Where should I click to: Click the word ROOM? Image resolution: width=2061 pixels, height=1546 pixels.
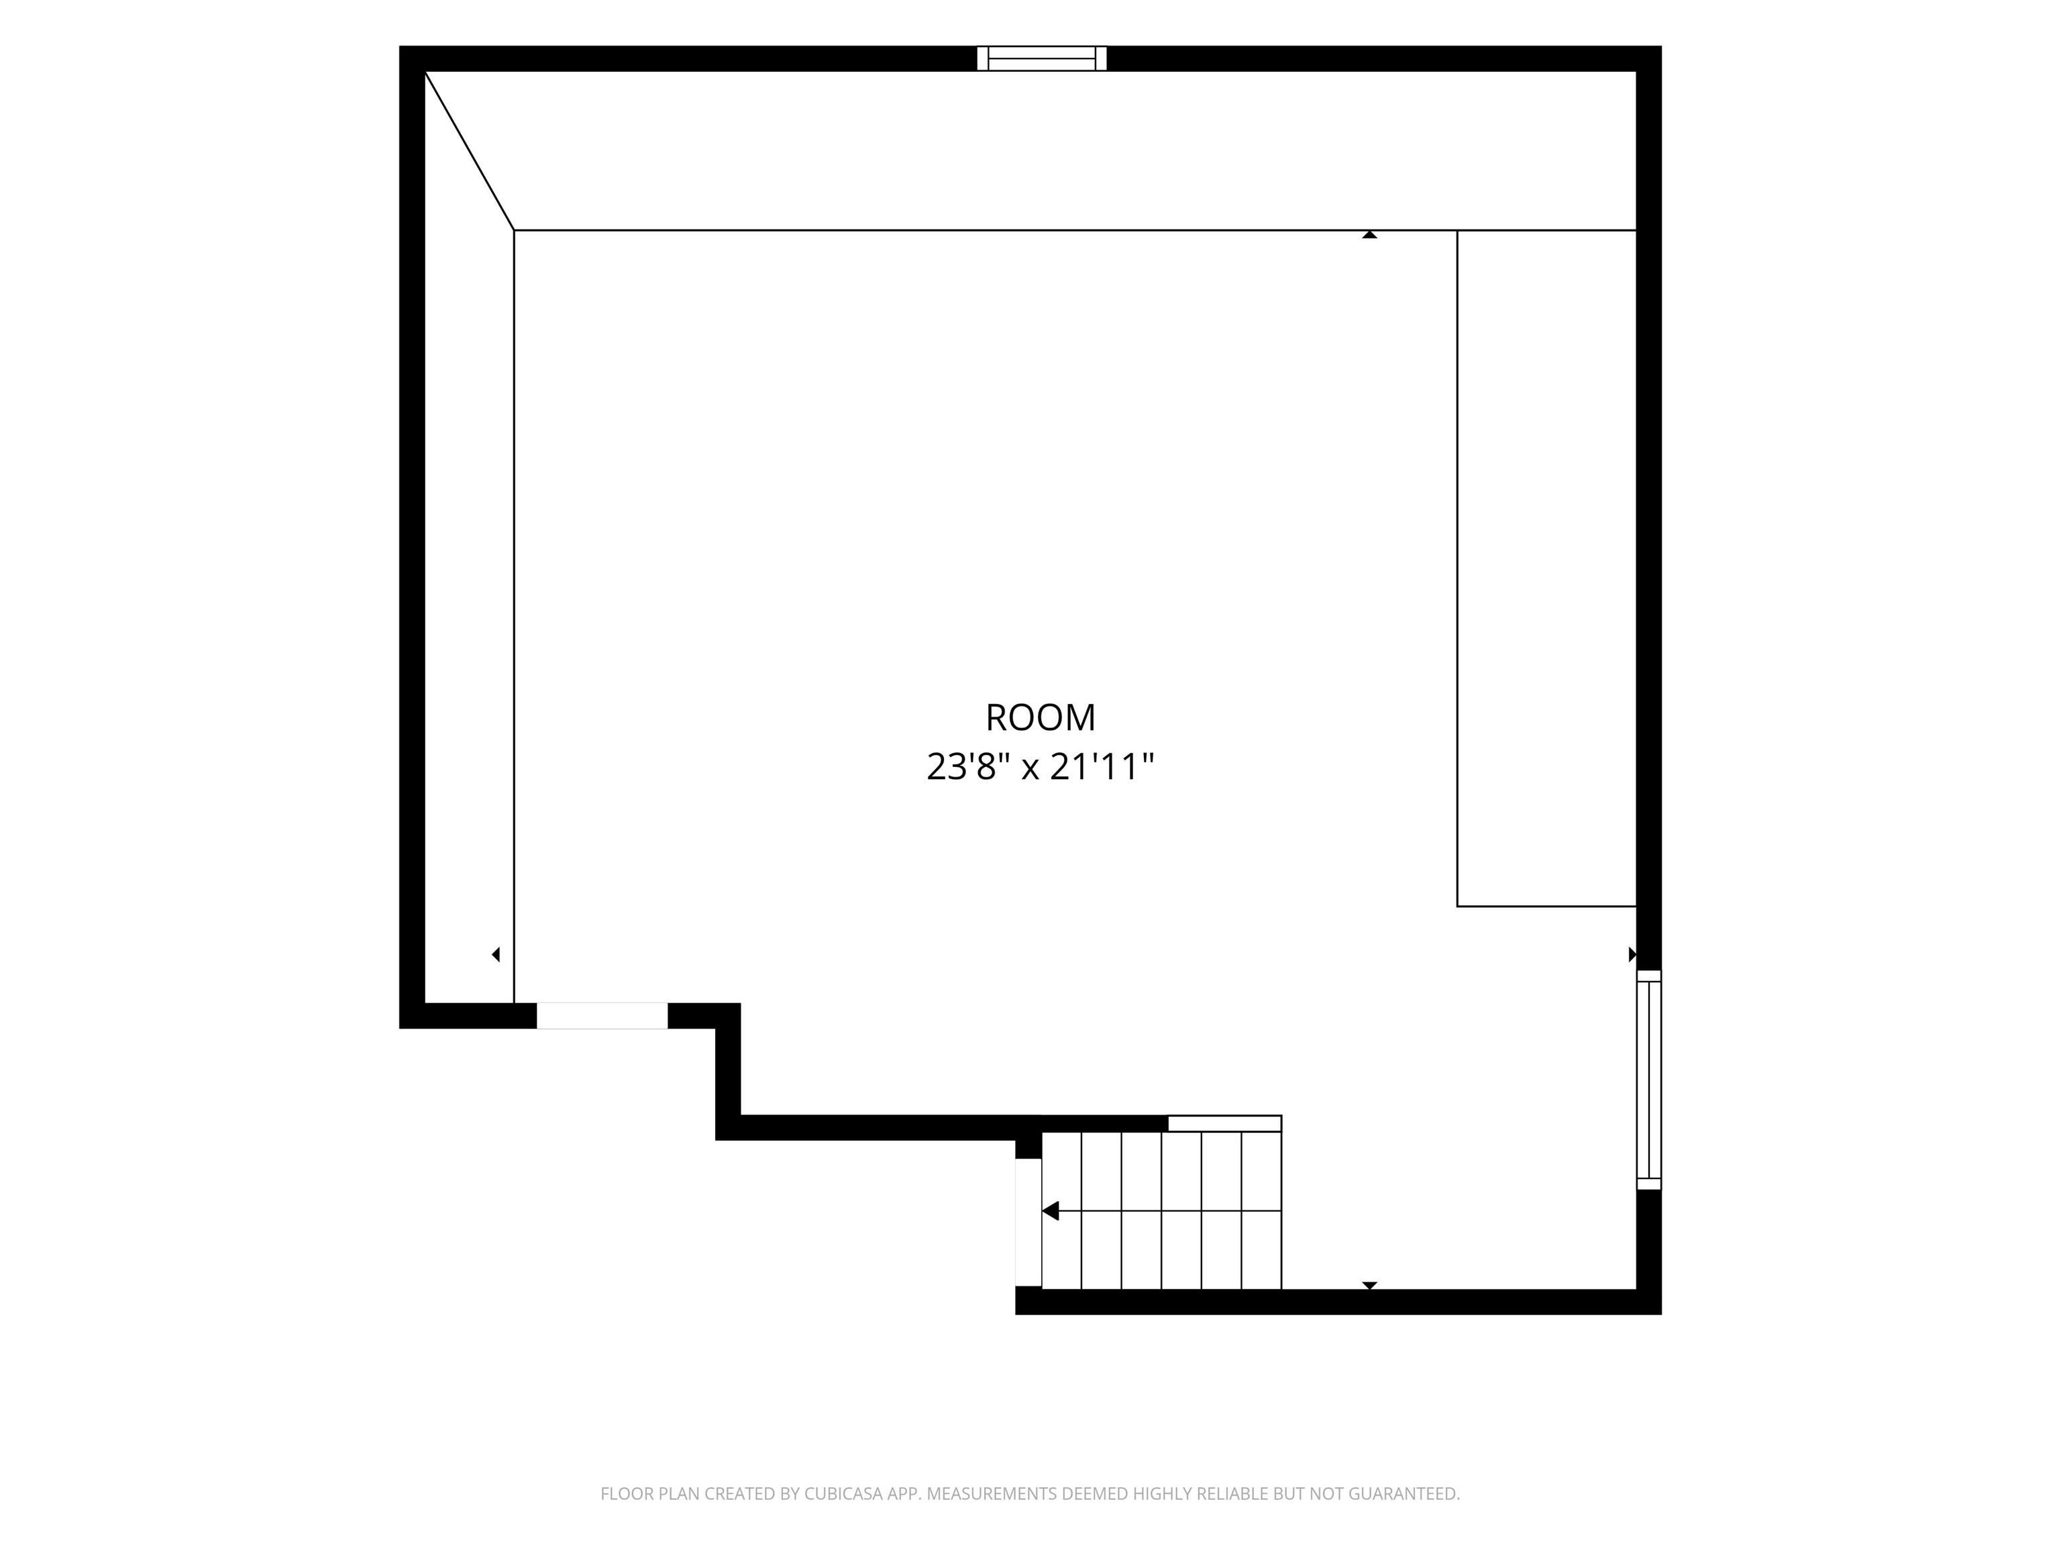point(1040,717)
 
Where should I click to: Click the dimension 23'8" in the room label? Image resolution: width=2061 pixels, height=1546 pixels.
point(968,767)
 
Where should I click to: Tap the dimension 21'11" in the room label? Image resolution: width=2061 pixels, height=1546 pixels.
point(1102,767)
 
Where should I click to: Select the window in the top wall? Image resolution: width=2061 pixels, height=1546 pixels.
point(1042,58)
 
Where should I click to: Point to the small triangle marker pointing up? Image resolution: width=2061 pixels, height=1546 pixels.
point(1370,235)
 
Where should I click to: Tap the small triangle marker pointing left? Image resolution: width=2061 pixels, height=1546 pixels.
point(496,954)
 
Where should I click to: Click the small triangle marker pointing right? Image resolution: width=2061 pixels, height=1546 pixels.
point(1632,954)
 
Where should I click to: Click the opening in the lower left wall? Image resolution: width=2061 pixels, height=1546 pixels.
point(602,1016)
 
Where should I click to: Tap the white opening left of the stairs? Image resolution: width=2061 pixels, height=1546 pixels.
point(1028,1223)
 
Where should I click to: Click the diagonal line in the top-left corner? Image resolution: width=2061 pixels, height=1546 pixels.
point(470,150)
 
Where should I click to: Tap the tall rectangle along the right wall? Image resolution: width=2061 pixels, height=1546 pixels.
point(1546,568)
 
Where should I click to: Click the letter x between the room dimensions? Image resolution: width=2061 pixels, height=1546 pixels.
point(1030,770)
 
